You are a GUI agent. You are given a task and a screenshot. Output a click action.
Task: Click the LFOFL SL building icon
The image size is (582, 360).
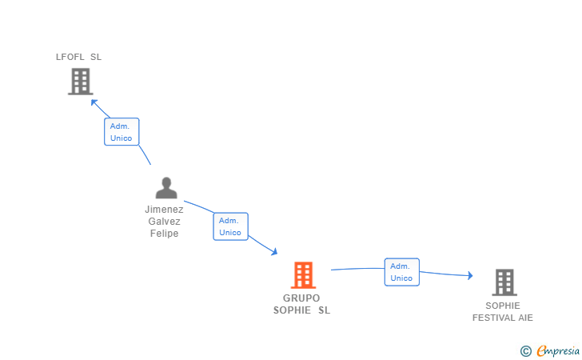tap(80, 82)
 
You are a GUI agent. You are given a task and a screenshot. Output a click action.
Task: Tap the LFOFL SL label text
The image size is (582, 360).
tap(78, 57)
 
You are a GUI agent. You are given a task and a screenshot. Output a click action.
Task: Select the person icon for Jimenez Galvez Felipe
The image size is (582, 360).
tap(166, 188)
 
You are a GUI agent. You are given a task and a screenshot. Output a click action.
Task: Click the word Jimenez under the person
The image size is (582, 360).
tap(164, 210)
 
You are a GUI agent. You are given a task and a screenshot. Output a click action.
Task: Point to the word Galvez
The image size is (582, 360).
tap(164, 222)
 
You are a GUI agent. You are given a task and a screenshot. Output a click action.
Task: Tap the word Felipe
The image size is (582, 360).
tap(164, 234)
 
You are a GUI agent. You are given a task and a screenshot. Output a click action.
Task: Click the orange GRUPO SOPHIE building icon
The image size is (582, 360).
tap(302, 275)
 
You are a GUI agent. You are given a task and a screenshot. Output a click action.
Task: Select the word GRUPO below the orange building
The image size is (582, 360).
tap(301, 298)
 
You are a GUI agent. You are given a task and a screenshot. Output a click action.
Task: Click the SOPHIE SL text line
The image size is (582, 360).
tap(301, 310)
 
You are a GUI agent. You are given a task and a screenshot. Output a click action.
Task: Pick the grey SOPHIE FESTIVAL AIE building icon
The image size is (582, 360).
tap(504, 282)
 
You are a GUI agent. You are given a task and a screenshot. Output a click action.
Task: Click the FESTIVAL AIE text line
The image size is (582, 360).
tap(502, 318)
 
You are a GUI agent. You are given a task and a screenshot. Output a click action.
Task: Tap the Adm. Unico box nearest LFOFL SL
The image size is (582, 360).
tap(122, 132)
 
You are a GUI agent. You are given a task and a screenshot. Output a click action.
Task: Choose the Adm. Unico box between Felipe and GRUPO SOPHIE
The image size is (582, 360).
tap(230, 226)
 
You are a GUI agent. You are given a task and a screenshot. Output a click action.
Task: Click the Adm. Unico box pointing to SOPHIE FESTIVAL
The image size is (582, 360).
tap(401, 272)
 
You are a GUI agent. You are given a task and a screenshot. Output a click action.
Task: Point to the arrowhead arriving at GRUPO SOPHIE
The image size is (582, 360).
tap(274, 252)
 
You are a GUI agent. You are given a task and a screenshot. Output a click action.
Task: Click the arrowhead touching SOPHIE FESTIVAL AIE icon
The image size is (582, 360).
tap(470, 276)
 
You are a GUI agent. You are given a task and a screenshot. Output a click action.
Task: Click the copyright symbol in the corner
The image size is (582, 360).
tap(525, 350)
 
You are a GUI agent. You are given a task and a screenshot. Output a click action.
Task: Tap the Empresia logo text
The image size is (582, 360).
tap(557, 350)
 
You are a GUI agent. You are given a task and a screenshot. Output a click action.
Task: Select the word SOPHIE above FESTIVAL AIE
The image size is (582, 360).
tap(502, 306)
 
